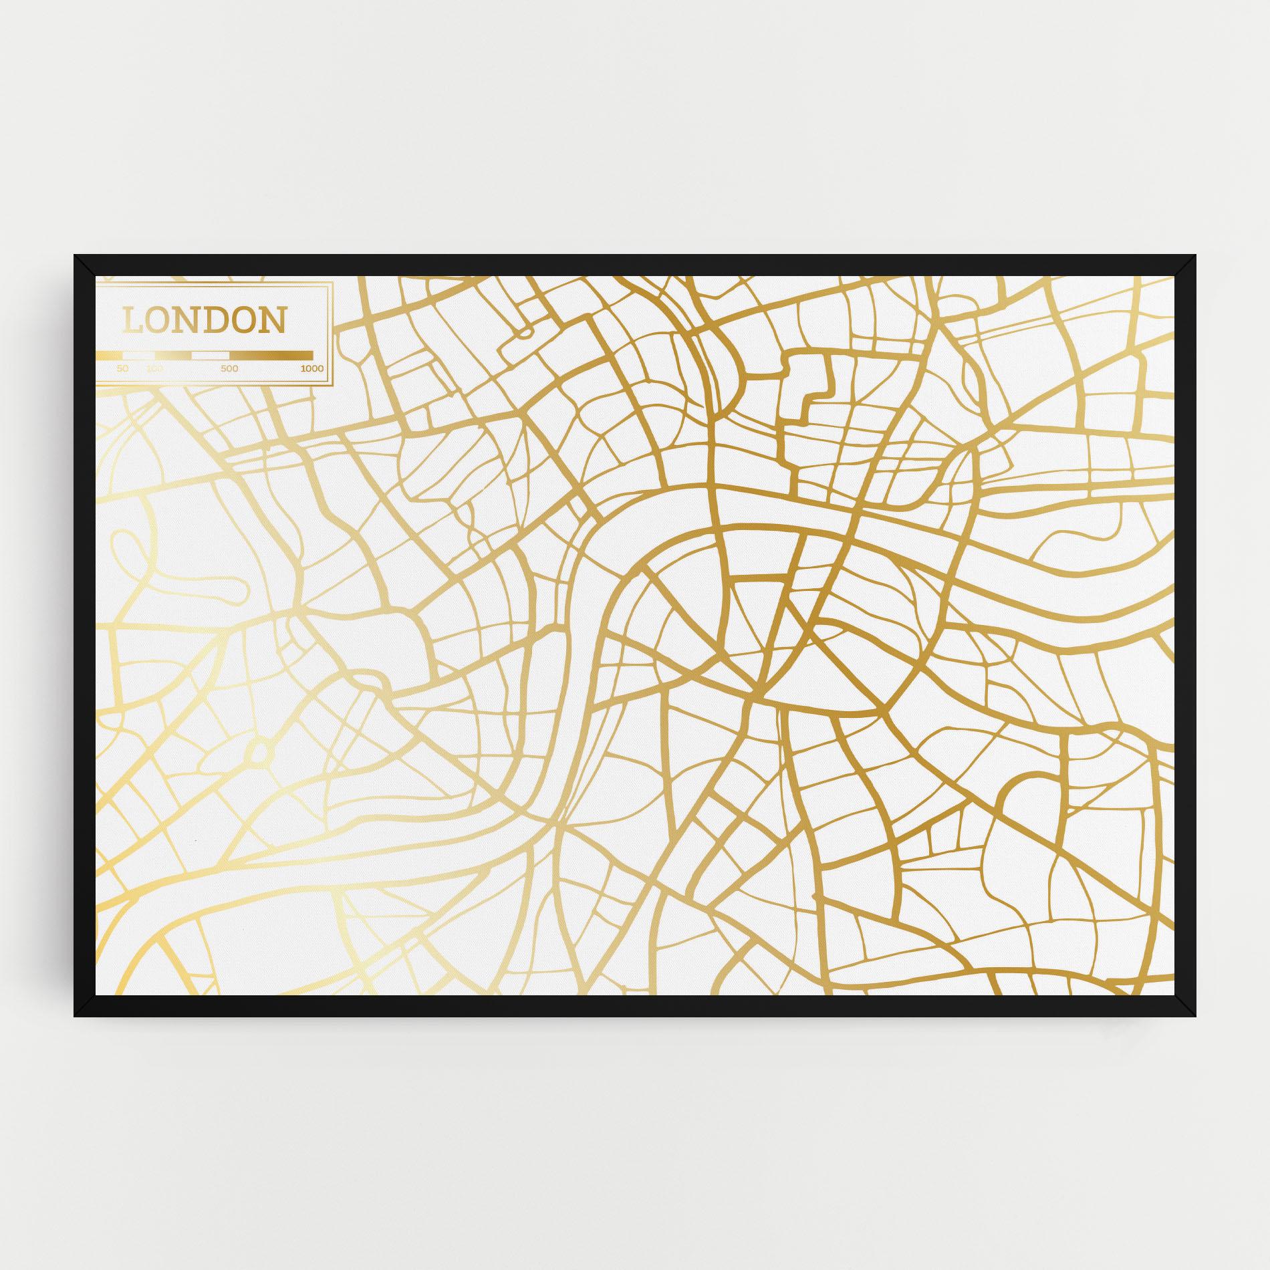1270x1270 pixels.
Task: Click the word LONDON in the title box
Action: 204,320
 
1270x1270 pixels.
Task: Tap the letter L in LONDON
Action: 133,320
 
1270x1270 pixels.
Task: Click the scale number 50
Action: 122,368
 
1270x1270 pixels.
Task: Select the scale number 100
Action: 154,368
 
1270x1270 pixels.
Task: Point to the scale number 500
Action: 229,368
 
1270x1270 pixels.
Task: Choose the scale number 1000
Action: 312,368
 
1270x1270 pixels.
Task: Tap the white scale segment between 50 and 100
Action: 134,355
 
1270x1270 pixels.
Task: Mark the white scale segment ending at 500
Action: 211,355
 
